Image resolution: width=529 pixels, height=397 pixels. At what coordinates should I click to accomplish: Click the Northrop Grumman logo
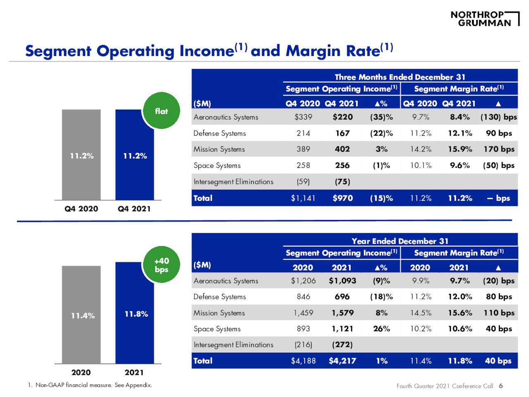pyautogui.click(x=484, y=19)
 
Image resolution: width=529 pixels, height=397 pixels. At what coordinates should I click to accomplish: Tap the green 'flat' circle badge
pyautogui.click(x=161, y=111)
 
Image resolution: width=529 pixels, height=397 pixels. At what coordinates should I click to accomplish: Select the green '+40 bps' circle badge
pyautogui.click(x=161, y=265)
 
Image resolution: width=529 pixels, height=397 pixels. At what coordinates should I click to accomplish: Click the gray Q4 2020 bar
pyautogui.click(x=81, y=155)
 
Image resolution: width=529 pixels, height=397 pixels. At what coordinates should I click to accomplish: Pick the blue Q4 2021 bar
pyautogui.click(x=135, y=155)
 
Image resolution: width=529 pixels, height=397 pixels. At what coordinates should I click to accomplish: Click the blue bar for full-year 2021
pyautogui.click(x=135, y=313)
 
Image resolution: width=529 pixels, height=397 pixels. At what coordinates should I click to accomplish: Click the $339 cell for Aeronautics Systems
pyautogui.click(x=303, y=117)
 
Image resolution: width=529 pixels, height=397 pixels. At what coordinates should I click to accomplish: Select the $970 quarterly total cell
pyautogui.click(x=343, y=198)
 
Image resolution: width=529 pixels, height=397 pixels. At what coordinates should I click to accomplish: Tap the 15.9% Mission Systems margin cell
pyautogui.click(x=460, y=149)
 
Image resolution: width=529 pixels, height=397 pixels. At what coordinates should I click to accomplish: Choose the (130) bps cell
pyautogui.click(x=498, y=117)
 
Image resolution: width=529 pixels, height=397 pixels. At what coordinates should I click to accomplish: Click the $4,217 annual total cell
pyautogui.click(x=342, y=361)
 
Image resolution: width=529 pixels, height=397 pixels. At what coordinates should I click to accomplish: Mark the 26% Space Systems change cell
pyautogui.click(x=381, y=329)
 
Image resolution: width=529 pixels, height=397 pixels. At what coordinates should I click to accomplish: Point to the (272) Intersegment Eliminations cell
pyautogui.click(x=342, y=344)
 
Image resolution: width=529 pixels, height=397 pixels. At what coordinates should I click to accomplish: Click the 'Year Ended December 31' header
pyautogui.click(x=400, y=241)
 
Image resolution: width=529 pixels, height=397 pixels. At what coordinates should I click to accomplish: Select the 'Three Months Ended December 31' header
pyautogui.click(x=400, y=77)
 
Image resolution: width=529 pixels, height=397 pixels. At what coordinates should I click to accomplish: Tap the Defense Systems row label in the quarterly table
pyautogui.click(x=219, y=133)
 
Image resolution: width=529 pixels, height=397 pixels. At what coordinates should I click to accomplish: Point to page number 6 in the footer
pyautogui.click(x=501, y=386)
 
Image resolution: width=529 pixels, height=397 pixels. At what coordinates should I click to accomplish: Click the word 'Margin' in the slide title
pyautogui.click(x=312, y=51)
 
